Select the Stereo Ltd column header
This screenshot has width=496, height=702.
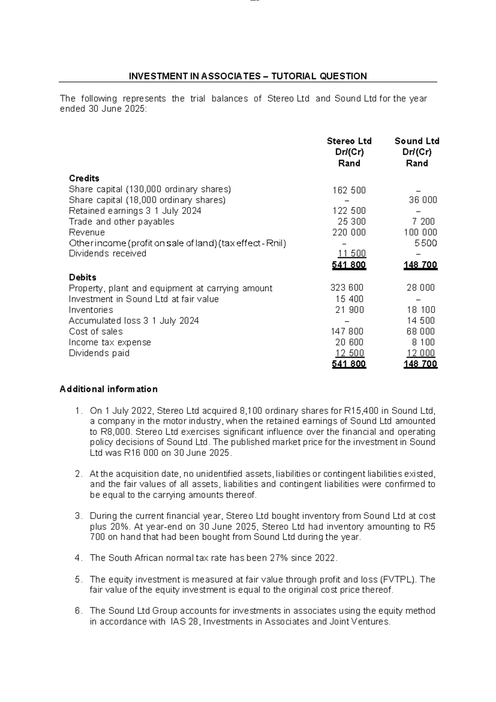(349, 141)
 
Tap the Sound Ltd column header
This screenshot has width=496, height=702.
(417, 141)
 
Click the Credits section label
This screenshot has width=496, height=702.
(84, 178)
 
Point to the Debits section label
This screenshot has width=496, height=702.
(82, 277)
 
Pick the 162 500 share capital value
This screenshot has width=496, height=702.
(349, 190)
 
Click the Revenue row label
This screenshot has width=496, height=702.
(87, 233)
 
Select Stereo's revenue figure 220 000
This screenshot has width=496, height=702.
(349, 233)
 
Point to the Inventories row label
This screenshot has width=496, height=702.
(91, 310)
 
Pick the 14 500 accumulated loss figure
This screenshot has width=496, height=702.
(421, 321)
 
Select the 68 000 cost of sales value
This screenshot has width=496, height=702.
(421, 332)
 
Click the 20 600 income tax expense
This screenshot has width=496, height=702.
(349, 342)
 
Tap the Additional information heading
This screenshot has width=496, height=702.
(109, 389)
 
